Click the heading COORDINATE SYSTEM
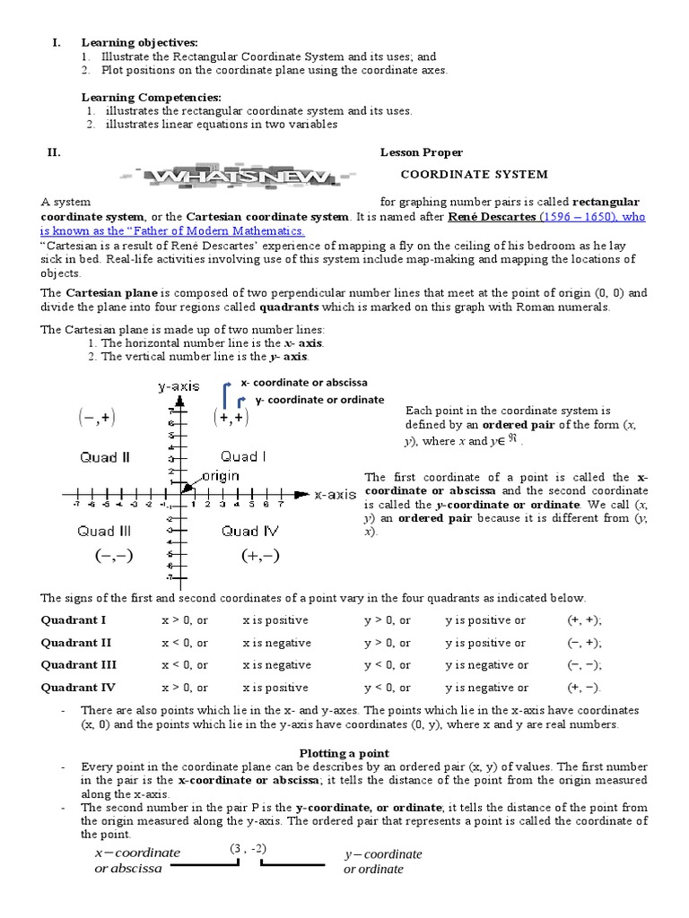click(x=473, y=174)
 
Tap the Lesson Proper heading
click(x=421, y=152)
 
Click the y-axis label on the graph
click(x=179, y=386)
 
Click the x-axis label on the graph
click(x=335, y=494)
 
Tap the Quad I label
click(x=243, y=456)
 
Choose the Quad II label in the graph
click(x=105, y=457)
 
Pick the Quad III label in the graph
click(x=105, y=531)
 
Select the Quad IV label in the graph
click(x=249, y=531)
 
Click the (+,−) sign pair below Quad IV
click(x=260, y=556)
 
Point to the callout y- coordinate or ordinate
click(x=318, y=400)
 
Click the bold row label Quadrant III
click(x=79, y=665)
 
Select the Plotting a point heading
click(x=344, y=753)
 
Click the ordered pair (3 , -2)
click(x=249, y=848)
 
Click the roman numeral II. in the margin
click(x=53, y=152)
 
